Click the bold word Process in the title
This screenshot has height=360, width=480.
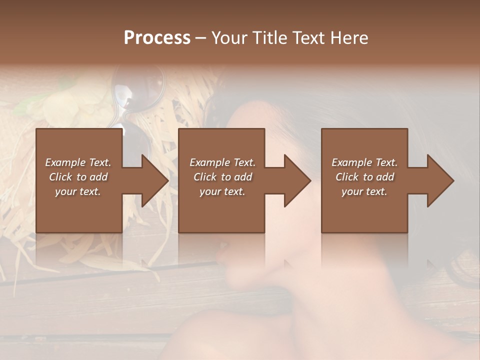click(x=157, y=38)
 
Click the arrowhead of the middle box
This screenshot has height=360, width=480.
click(x=297, y=180)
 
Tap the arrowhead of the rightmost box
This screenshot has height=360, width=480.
click(x=440, y=180)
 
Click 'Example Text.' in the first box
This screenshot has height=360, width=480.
click(x=78, y=162)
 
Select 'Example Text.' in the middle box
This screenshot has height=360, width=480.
click(x=222, y=162)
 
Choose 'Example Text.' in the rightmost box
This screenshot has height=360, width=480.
click(x=364, y=162)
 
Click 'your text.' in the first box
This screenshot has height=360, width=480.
click(x=78, y=191)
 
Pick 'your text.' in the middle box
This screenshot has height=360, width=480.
click(x=222, y=191)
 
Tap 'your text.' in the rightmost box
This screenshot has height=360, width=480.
click(x=364, y=191)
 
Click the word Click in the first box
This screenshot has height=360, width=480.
click(x=60, y=177)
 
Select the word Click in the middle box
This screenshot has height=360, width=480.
click(x=205, y=177)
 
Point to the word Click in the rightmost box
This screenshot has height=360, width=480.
click(x=347, y=177)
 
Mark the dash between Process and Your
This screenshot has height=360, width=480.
click(x=200, y=38)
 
